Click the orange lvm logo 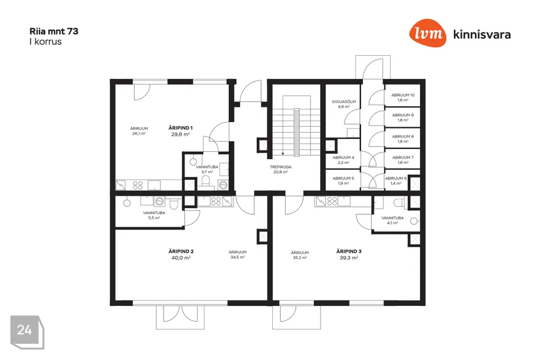click(427, 33)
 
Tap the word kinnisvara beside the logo click(482, 34)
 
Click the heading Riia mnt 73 click(54, 31)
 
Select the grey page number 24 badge click(27, 332)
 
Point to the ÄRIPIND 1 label click(181, 128)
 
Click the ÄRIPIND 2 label click(181, 251)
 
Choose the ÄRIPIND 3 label click(349, 251)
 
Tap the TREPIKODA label click(281, 167)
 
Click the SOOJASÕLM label click(344, 102)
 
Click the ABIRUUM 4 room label click(343, 157)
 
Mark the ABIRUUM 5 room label click(343, 178)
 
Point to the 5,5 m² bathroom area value click(154, 218)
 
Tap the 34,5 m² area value click(237, 257)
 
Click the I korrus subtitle click(46, 42)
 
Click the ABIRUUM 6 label click(395, 178)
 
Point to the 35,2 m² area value click(300, 257)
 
